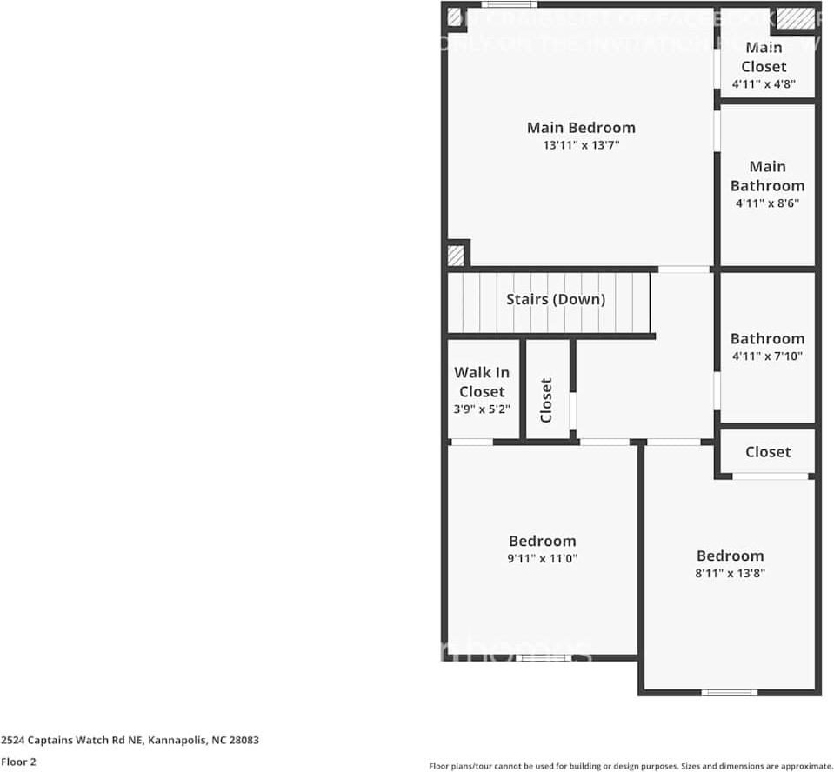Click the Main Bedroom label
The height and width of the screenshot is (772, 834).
click(581, 128)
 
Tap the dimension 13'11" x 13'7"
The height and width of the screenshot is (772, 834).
click(581, 146)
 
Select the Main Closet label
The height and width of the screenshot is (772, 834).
click(764, 57)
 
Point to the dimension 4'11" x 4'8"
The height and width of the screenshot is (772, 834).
click(764, 84)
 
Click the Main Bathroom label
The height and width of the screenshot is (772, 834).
click(767, 176)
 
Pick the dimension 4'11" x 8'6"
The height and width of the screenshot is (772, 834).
click(767, 203)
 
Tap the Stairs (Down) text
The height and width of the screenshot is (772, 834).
click(556, 299)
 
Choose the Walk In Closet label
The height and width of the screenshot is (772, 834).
click(482, 382)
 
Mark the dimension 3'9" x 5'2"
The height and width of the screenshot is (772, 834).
click(482, 409)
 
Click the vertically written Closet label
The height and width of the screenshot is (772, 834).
click(547, 400)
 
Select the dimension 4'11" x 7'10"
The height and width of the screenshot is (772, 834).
click(767, 356)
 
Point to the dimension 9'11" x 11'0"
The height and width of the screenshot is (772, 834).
click(543, 559)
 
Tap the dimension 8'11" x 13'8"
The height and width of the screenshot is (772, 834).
click(731, 574)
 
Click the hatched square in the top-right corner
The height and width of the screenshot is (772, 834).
click(796, 18)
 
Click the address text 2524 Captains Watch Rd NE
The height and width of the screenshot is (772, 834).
click(130, 741)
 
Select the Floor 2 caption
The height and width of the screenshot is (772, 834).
click(18, 762)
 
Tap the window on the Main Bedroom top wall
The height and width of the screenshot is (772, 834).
click(509, 4)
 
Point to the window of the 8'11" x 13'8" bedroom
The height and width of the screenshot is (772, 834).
click(729, 692)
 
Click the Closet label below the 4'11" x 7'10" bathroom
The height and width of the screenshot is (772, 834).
click(768, 452)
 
